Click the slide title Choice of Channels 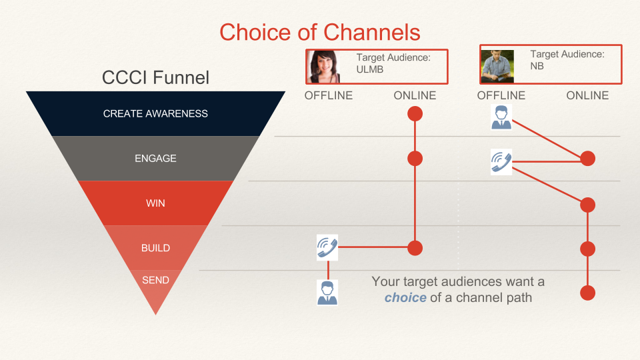point(320,32)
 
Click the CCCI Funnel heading point(155,77)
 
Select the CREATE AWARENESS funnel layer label point(155,114)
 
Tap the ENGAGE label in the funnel point(155,159)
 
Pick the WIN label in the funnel point(155,203)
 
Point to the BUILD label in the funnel point(155,248)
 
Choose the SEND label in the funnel point(155,280)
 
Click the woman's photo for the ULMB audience point(325,67)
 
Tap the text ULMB point(371,69)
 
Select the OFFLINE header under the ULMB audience point(329,95)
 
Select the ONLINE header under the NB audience point(587,95)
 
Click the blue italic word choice point(405,297)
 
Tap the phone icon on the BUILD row point(327,248)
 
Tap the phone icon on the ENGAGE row point(501,161)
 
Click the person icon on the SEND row point(327,292)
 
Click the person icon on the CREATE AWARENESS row point(501,117)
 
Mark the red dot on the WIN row point(587,205)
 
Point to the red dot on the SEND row point(587,293)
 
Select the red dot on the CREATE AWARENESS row point(415,114)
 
